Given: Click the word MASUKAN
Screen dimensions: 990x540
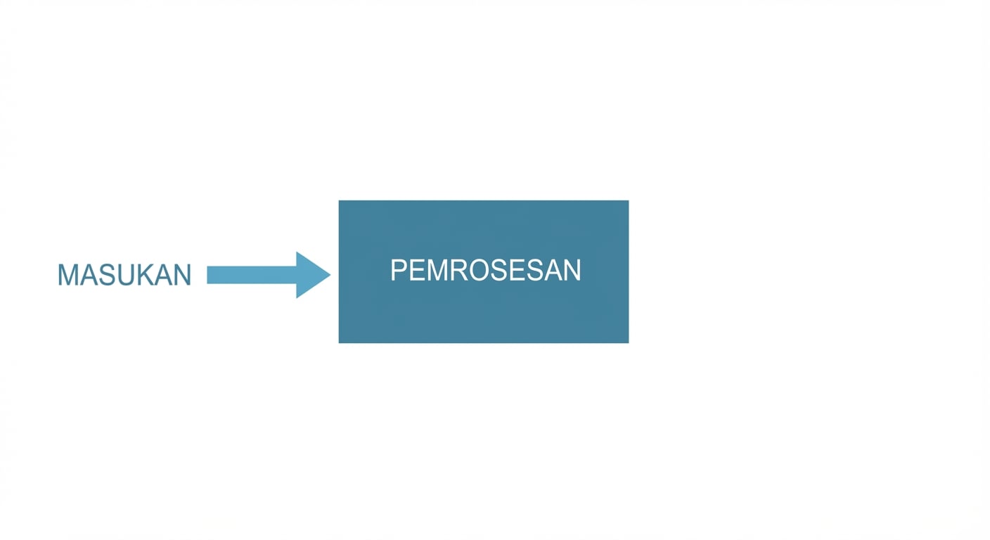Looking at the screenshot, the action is coord(124,275).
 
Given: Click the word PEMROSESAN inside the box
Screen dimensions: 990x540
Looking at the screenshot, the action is coord(485,270).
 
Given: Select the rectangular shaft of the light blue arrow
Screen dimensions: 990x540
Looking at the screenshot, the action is coord(252,275).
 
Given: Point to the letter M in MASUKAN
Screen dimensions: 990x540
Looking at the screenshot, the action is coord(68,275).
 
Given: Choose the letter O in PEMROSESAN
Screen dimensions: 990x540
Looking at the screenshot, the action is coord(480,270).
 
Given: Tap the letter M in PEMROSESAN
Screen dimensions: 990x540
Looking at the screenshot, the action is coord(437,270).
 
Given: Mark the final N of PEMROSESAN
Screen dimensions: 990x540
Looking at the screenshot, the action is coord(572,270).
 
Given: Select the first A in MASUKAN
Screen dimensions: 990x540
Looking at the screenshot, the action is coord(90,275).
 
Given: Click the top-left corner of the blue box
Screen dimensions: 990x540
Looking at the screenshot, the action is coord(339,200).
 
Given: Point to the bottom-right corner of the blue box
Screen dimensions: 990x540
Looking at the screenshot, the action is coord(629,343).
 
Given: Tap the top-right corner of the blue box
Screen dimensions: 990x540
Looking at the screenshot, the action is coord(629,200).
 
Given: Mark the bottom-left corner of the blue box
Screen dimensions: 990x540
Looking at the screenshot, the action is coord(339,343).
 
